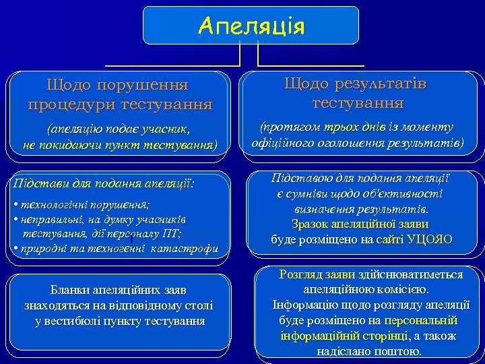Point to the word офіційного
tap(282, 143)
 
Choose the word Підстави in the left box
tap(39, 183)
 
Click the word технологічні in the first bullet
tap(53, 205)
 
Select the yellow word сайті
tap(389, 239)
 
